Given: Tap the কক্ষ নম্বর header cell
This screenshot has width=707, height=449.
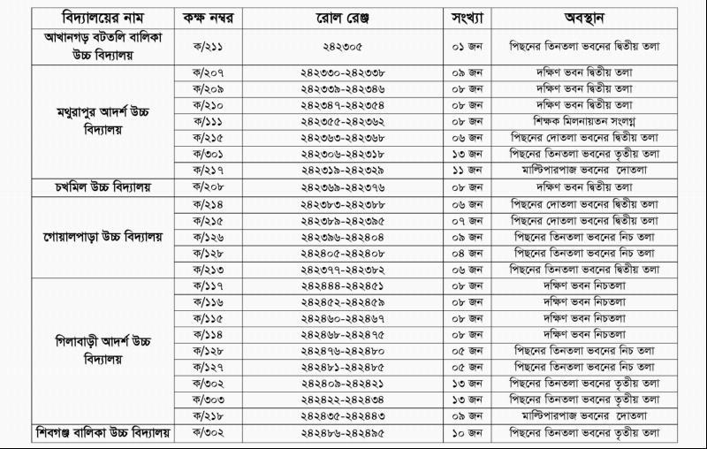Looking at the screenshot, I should click(206, 18).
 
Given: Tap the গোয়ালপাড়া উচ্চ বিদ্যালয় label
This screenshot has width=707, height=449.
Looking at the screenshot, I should click(103, 236).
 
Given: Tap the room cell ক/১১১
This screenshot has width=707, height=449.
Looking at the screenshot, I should click(206, 120).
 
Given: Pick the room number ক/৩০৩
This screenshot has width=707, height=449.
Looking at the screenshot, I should click(206, 400).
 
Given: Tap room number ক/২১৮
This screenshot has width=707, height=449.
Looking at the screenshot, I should click(206, 415).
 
